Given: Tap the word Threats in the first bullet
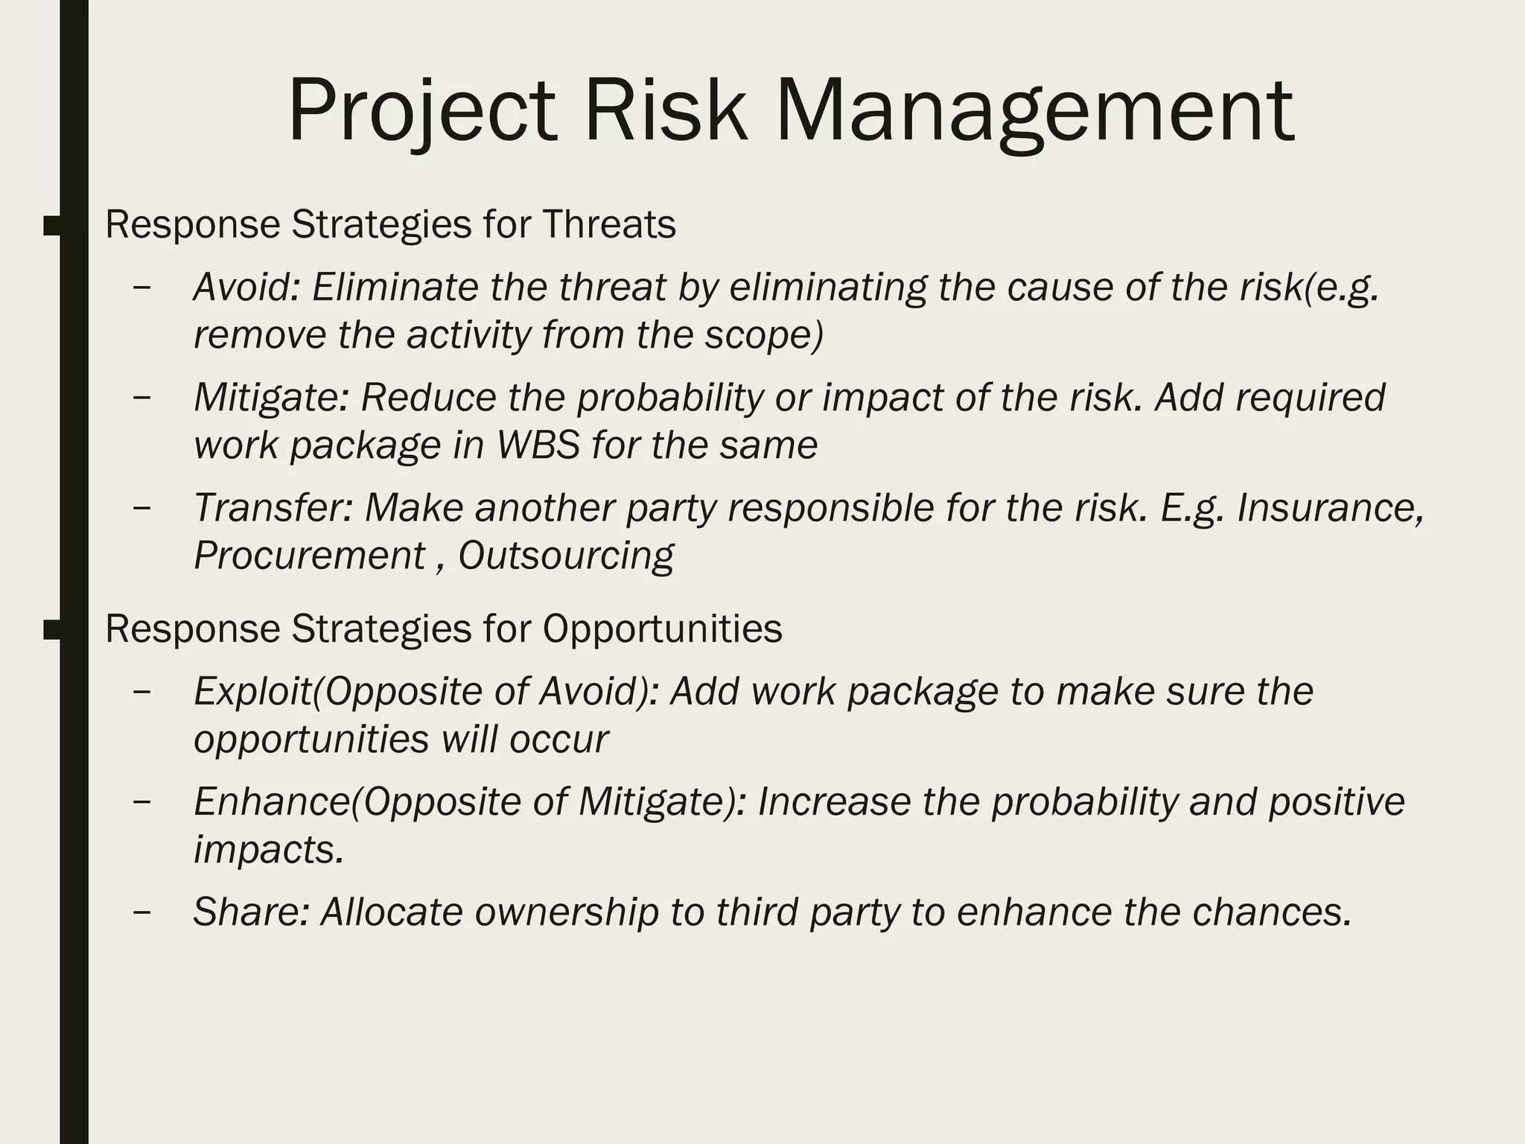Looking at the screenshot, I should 608,224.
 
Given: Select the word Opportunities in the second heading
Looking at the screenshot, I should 662,629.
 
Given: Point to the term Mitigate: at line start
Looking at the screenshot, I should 271,398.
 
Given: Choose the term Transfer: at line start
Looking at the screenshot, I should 273,508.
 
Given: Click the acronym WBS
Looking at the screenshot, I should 538,445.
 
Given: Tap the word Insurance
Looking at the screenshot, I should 1330,508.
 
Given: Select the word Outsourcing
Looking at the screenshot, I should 565,556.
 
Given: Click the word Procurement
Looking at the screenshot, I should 309,556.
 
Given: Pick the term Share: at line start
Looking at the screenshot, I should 251,912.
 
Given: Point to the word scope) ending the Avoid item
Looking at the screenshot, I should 764,335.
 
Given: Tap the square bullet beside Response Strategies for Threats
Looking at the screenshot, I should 52,225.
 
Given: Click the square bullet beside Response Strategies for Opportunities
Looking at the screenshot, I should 52,629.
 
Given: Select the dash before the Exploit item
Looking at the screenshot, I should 141,691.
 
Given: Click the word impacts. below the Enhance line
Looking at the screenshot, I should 269,849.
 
